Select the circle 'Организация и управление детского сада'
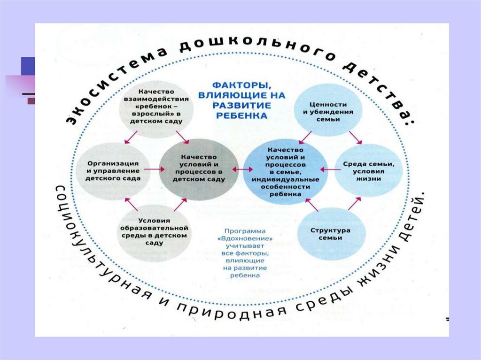[112, 169]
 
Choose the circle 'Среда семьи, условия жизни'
[368, 169]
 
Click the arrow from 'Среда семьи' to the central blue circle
[328, 169]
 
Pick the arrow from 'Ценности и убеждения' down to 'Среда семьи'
[355, 137]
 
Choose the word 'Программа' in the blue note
[245, 231]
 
